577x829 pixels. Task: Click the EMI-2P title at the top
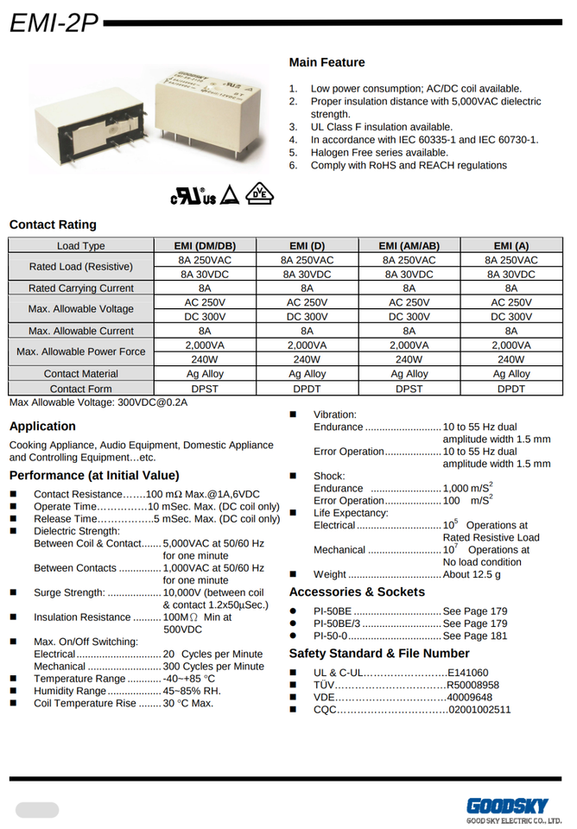click(x=54, y=22)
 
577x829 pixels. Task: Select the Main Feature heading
click(x=327, y=62)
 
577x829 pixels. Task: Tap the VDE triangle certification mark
click(x=258, y=195)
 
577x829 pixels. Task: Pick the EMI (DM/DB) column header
click(x=205, y=246)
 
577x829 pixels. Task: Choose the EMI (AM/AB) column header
click(x=409, y=246)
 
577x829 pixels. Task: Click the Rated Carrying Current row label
click(x=81, y=288)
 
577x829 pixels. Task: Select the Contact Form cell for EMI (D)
click(x=308, y=389)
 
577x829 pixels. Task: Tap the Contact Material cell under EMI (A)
click(x=511, y=374)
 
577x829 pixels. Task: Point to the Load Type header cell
click(x=81, y=246)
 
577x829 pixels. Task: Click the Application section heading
click(x=42, y=426)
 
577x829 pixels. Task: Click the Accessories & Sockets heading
click(x=357, y=592)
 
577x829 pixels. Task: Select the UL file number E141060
click(x=467, y=673)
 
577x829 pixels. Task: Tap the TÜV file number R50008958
click(x=472, y=685)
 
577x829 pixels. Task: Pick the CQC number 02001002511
click(x=479, y=709)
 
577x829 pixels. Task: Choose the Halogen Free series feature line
click(x=379, y=152)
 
